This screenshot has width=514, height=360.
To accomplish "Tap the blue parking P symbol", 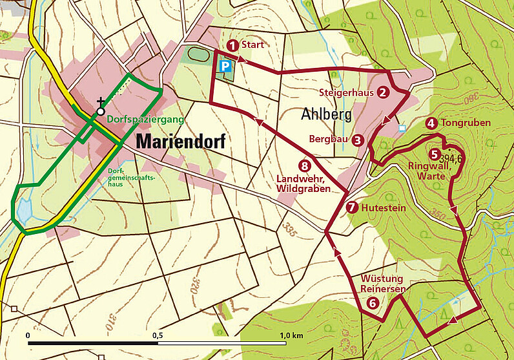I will point(224,67).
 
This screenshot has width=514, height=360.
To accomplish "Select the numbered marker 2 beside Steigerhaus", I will point(383,92).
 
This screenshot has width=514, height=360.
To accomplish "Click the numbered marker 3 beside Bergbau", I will point(357,139).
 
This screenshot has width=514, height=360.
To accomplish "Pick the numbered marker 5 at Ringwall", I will point(433,154).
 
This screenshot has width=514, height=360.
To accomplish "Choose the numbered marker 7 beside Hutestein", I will point(351,207).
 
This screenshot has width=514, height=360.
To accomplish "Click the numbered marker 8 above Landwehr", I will point(304,165).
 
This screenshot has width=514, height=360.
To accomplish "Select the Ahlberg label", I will point(325,114).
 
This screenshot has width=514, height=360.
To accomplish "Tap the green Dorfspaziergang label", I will point(145,120).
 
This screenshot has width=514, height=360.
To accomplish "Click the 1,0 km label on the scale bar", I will point(292,335).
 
